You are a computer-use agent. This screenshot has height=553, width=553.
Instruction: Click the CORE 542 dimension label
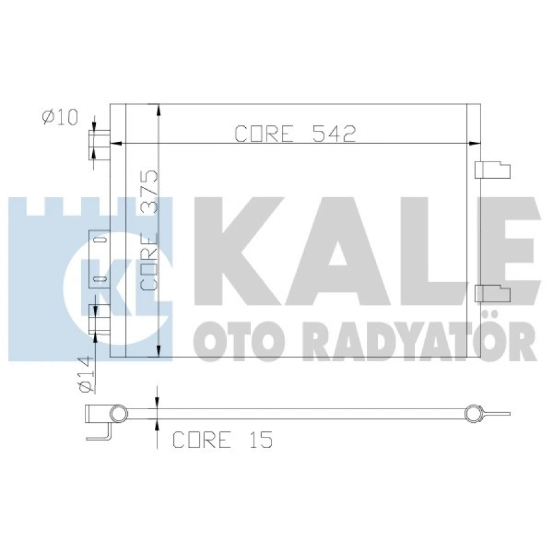point(296,134)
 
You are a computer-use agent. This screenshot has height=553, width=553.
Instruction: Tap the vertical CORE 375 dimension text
point(149,230)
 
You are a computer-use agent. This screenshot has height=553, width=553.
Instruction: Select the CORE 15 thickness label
point(222,440)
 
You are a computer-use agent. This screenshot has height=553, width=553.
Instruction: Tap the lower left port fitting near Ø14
point(100,318)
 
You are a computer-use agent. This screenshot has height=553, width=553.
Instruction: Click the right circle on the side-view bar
point(473,414)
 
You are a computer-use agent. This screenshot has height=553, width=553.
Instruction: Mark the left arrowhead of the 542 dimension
point(113,144)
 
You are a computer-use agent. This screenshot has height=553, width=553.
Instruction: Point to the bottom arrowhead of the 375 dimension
point(159,353)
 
